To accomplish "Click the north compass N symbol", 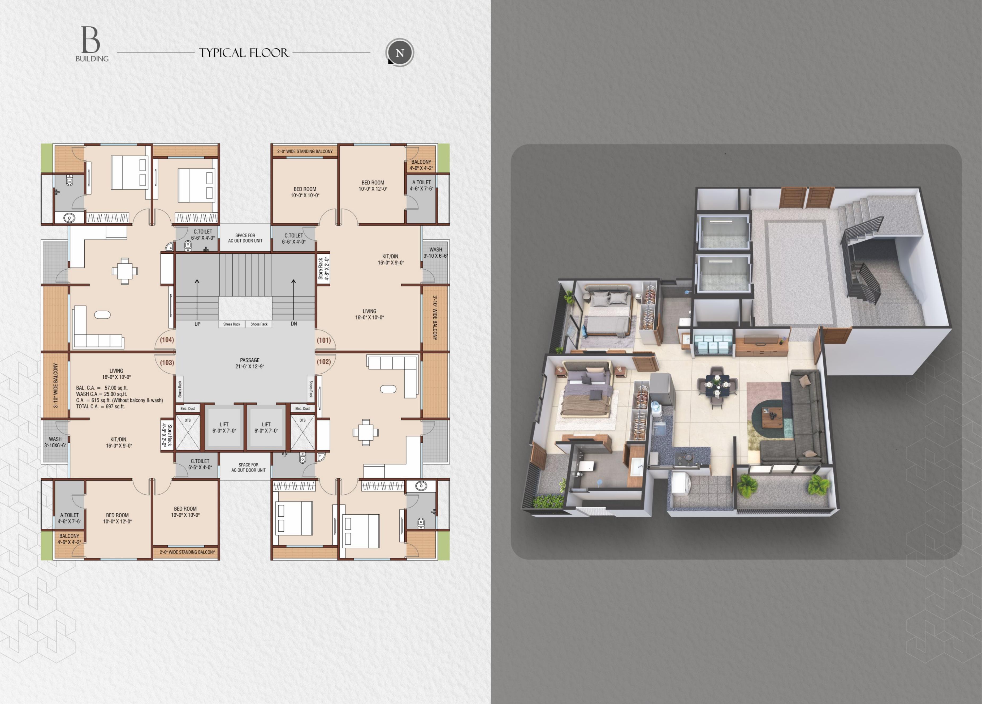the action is point(400,52).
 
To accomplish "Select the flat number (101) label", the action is point(324,340).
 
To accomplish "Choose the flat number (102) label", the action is point(324,362).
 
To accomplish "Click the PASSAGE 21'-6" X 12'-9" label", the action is point(250,363).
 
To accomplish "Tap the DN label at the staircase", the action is point(293,324).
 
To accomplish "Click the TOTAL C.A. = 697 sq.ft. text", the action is point(101,407).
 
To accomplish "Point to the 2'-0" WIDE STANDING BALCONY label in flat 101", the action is point(305,151).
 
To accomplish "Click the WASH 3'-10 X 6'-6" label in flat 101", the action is point(436,253).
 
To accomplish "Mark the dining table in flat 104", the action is point(125,271).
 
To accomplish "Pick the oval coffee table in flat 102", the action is point(388,389).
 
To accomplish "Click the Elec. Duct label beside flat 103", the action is point(188,408).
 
